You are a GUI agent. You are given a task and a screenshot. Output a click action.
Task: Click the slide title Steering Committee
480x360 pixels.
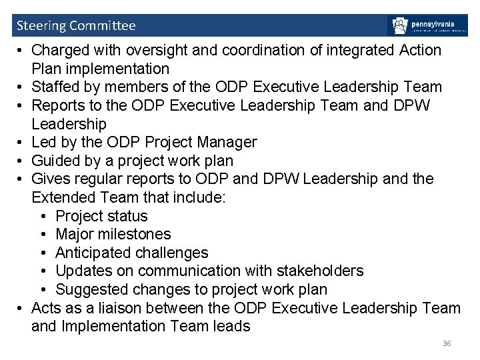click(x=75, y=26)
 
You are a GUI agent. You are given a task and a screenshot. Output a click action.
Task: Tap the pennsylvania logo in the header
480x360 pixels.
click(x=427, y=26)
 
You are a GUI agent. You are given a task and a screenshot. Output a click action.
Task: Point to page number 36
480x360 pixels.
click(x=447, y=343)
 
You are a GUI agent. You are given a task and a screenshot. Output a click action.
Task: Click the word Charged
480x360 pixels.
click(x=59, y=50)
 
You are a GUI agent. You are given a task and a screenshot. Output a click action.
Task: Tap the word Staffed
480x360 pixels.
click(x=57, y=87)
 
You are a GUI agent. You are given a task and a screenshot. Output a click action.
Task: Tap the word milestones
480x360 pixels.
click(x=137, y=234)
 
